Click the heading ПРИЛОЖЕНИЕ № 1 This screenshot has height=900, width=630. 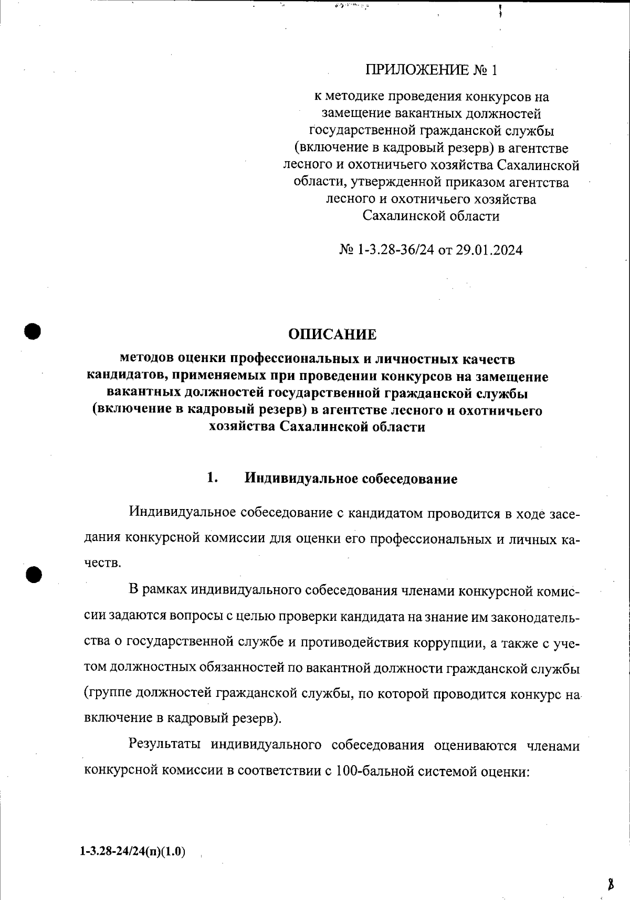tap(430, 70)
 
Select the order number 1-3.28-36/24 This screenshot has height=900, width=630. tap(396, 250)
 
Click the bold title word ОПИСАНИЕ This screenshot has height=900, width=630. tap(332, 334)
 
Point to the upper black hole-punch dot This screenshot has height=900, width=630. tap(33, 331)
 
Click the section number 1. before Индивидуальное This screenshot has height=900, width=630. tap(212, 478)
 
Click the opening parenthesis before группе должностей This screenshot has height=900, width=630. tap(87, 693)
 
